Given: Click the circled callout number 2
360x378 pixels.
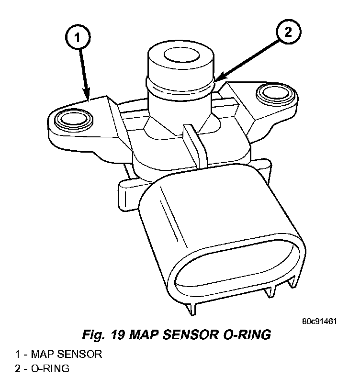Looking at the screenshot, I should point(287,32).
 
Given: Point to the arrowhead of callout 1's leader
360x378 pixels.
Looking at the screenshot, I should point(89,99).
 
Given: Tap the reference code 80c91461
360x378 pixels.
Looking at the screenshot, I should point(319,321).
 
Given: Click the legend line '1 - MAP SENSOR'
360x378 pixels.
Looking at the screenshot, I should point(58,355).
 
